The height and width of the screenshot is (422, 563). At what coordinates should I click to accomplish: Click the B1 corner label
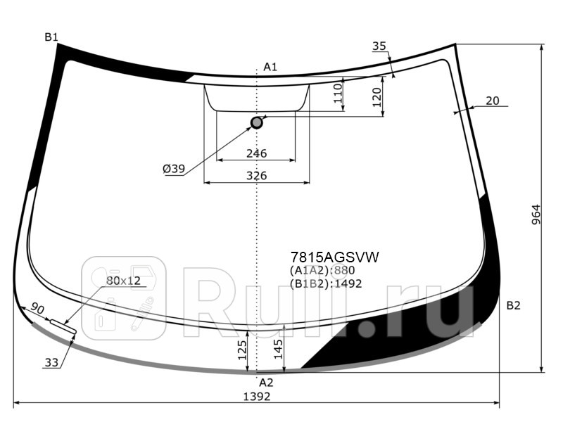tap(51, 37)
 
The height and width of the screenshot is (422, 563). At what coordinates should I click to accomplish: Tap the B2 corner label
tap(513, 305)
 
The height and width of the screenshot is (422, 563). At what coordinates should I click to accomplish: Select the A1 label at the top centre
tap(270, 67)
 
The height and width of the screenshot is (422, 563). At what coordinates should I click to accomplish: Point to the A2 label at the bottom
tap(266, 383)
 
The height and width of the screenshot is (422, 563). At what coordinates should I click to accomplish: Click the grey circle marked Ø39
tap(257, 122)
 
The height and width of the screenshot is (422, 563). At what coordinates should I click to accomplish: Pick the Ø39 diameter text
tap(173, 169)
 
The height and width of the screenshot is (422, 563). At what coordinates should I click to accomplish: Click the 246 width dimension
tap(256, 153)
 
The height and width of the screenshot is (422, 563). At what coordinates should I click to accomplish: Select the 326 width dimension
tap(256, 175)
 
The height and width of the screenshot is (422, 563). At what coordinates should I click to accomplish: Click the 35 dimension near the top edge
tap(379, 46)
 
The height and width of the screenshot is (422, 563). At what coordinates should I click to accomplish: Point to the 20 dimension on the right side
tap(492, 101)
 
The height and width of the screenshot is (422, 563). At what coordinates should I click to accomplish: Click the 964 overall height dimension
tap(536, 215)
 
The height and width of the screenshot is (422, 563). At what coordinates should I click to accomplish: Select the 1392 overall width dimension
tap(256, 397)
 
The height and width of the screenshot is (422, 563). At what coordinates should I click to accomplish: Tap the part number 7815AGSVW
tap(335, 257)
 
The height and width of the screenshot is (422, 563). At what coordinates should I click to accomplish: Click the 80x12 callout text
tap(124, 281)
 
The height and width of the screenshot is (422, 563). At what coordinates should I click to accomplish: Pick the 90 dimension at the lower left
tap(38, 309)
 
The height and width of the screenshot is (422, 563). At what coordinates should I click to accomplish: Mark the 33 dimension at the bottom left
tap(51, 363)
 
